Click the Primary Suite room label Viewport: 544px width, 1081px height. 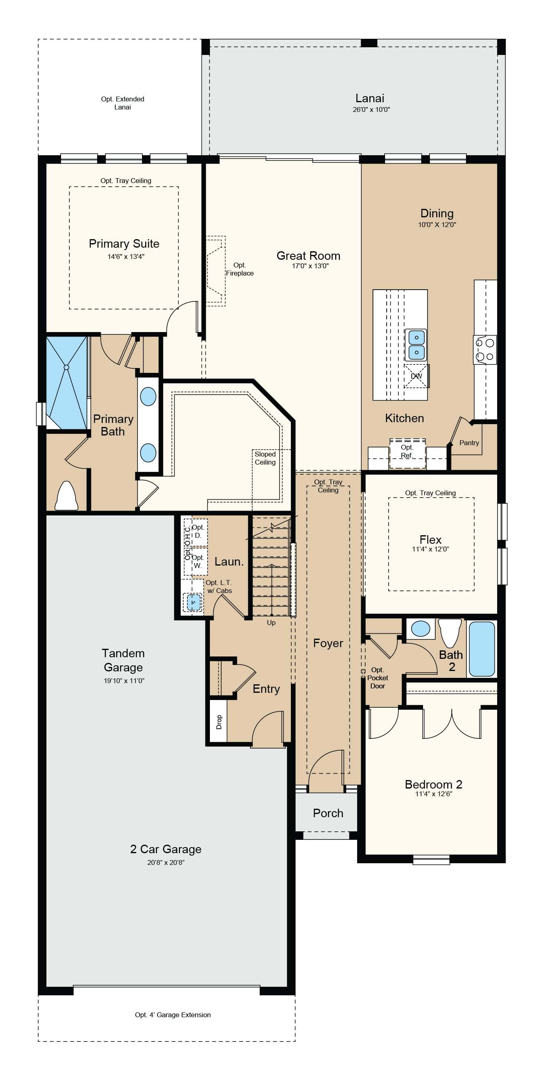coord(124,244)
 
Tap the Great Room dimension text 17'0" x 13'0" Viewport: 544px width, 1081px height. coord(310,266)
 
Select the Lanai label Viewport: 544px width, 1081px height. coord(370,98)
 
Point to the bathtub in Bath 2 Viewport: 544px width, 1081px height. coord(482,649)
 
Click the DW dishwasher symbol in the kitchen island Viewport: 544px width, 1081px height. coord(416,376)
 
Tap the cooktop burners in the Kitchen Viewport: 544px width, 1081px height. coord(485,349)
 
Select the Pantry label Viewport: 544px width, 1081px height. coord(469,443)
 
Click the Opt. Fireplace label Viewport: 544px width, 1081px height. coord(239,269)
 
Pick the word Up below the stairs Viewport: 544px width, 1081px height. coord(271,623)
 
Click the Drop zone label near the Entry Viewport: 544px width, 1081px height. coord(218,722)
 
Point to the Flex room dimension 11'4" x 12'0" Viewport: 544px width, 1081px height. coord(430,549)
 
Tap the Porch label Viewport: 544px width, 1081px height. coord(328,813)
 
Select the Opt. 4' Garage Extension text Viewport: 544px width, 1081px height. coord(173,1015)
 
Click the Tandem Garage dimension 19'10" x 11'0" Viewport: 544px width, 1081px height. coord(124,681)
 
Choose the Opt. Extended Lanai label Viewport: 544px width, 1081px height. coord(123,103)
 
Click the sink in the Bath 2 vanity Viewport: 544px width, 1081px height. coord(421,629)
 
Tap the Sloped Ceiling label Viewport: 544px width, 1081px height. coord(265,458)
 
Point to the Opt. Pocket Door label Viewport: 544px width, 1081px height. coord(377,678)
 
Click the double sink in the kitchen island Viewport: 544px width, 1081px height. coord(416,345)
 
